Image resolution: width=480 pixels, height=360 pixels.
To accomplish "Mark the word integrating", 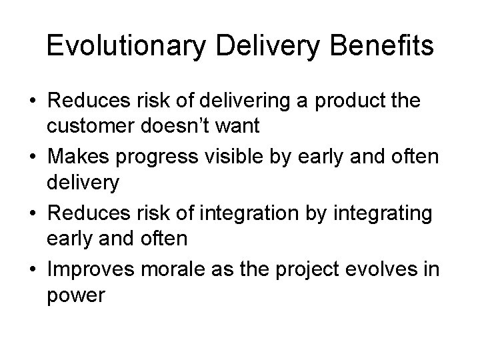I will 379,213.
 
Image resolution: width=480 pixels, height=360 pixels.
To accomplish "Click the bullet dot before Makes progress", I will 31,156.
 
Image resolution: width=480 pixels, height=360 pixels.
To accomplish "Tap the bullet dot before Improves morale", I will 31,268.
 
